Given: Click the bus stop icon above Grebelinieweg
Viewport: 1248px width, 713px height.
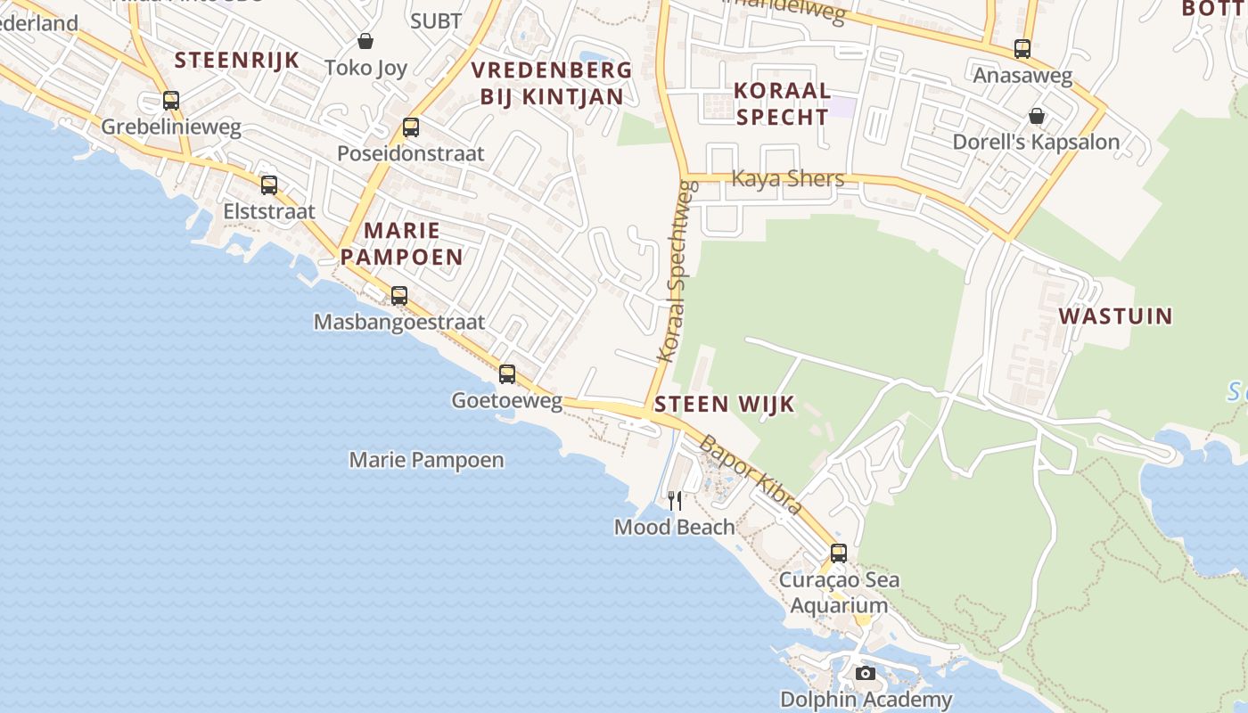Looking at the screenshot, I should click(171, 101).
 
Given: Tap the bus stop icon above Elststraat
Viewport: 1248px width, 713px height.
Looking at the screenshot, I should click(269, 185).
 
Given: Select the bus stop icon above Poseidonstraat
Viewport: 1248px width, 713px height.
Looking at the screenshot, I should click(411, 127).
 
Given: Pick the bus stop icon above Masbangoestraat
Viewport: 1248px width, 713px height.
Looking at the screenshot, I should click(399, 296).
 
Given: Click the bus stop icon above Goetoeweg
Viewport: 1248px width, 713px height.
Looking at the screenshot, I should click(507, 374).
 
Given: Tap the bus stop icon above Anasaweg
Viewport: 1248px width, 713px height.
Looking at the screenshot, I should click(1022, 49).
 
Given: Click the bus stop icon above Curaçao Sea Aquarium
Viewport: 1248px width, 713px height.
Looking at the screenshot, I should click(839, 553).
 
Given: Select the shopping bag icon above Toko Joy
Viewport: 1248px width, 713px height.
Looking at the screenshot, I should click(365, 41).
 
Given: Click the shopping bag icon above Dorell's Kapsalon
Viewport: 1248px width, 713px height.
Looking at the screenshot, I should click(1037, 116).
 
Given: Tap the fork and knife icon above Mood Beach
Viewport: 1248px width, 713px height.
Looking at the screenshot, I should click(675, 501).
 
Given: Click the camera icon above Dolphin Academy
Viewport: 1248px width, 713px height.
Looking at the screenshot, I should click(866, 674).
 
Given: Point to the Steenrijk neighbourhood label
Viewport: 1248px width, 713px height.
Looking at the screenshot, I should click(237, 61).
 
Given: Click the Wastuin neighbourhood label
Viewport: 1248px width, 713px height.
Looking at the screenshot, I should click(1115, 316).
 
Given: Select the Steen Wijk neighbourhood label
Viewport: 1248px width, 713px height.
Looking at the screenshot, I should click(724, 405).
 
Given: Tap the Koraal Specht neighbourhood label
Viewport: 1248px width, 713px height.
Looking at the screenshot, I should click(782, 103).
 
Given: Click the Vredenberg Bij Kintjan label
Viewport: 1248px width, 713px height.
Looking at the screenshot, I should click(552, 84).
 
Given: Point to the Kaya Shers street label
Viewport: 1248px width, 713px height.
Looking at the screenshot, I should click(788, 179).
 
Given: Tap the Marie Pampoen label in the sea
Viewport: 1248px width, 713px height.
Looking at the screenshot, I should click(426, 461).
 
